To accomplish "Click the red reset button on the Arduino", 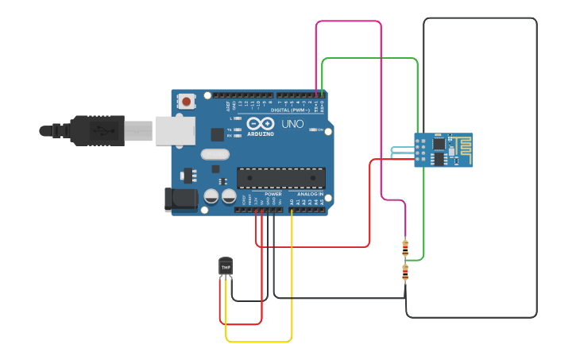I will (187, 101).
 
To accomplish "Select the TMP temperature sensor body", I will (226, 267).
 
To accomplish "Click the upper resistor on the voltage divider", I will (405, 248).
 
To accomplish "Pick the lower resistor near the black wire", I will (405, 273).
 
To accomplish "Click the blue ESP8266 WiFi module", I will (443, 150).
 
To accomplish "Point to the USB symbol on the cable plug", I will (102, 129).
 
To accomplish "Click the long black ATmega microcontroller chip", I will (280, 178).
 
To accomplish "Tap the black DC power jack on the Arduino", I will (180, 199).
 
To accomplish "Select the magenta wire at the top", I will (350, 22).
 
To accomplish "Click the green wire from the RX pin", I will (369, 59).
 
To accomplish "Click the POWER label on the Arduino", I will (273, 194).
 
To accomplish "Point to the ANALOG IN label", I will (310, 194).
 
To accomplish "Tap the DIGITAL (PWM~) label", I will (290, 110).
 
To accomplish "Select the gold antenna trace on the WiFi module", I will (460, 148).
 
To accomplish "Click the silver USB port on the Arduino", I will (174, 130).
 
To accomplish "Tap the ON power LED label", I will (320, 130).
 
